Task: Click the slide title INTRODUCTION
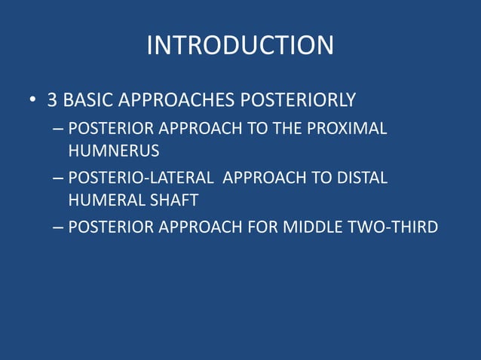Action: pyautogui.click(x=240, y=45)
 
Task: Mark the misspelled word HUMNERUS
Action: pyautogui.click(x=114, y=151)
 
